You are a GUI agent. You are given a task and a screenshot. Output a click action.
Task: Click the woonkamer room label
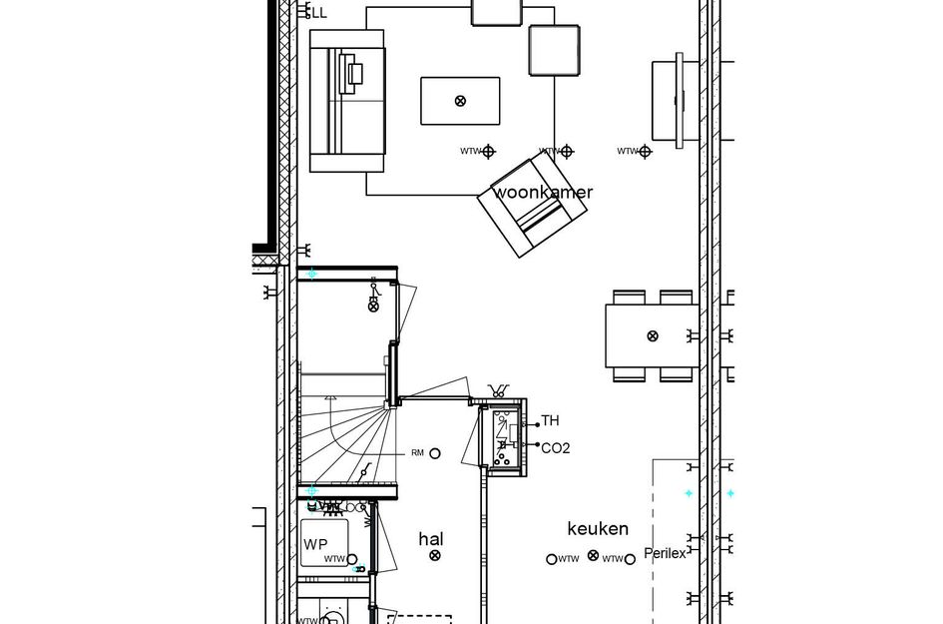(x=543, y=193)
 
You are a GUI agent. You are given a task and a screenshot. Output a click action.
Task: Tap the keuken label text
(x=598, y=529)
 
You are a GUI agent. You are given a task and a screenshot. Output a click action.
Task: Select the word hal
(x=430, y=539)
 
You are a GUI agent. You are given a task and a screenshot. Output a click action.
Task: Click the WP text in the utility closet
(x=315, y=544)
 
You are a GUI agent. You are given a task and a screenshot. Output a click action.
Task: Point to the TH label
(x=550, y=421)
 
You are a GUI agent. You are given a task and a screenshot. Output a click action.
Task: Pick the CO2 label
(x=555, y=448)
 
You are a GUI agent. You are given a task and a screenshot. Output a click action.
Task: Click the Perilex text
(x=665, y=553)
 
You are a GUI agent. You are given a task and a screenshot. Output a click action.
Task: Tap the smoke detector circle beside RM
(x=434, y=453)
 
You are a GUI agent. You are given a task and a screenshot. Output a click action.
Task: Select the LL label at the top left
(x=319, y=13)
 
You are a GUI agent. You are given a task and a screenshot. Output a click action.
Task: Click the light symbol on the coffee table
(x=460, y=101)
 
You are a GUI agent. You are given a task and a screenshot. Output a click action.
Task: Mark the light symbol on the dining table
(x=653, y=336)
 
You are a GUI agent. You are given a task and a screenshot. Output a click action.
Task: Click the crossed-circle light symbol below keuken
(x=594, y=556)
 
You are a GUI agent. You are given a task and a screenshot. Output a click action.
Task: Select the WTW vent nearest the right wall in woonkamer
(x=645, y=152)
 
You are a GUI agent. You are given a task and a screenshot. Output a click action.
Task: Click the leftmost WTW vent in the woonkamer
(x=489, y=152)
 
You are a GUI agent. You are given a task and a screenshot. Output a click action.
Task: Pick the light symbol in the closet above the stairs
(x=374, y=307)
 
